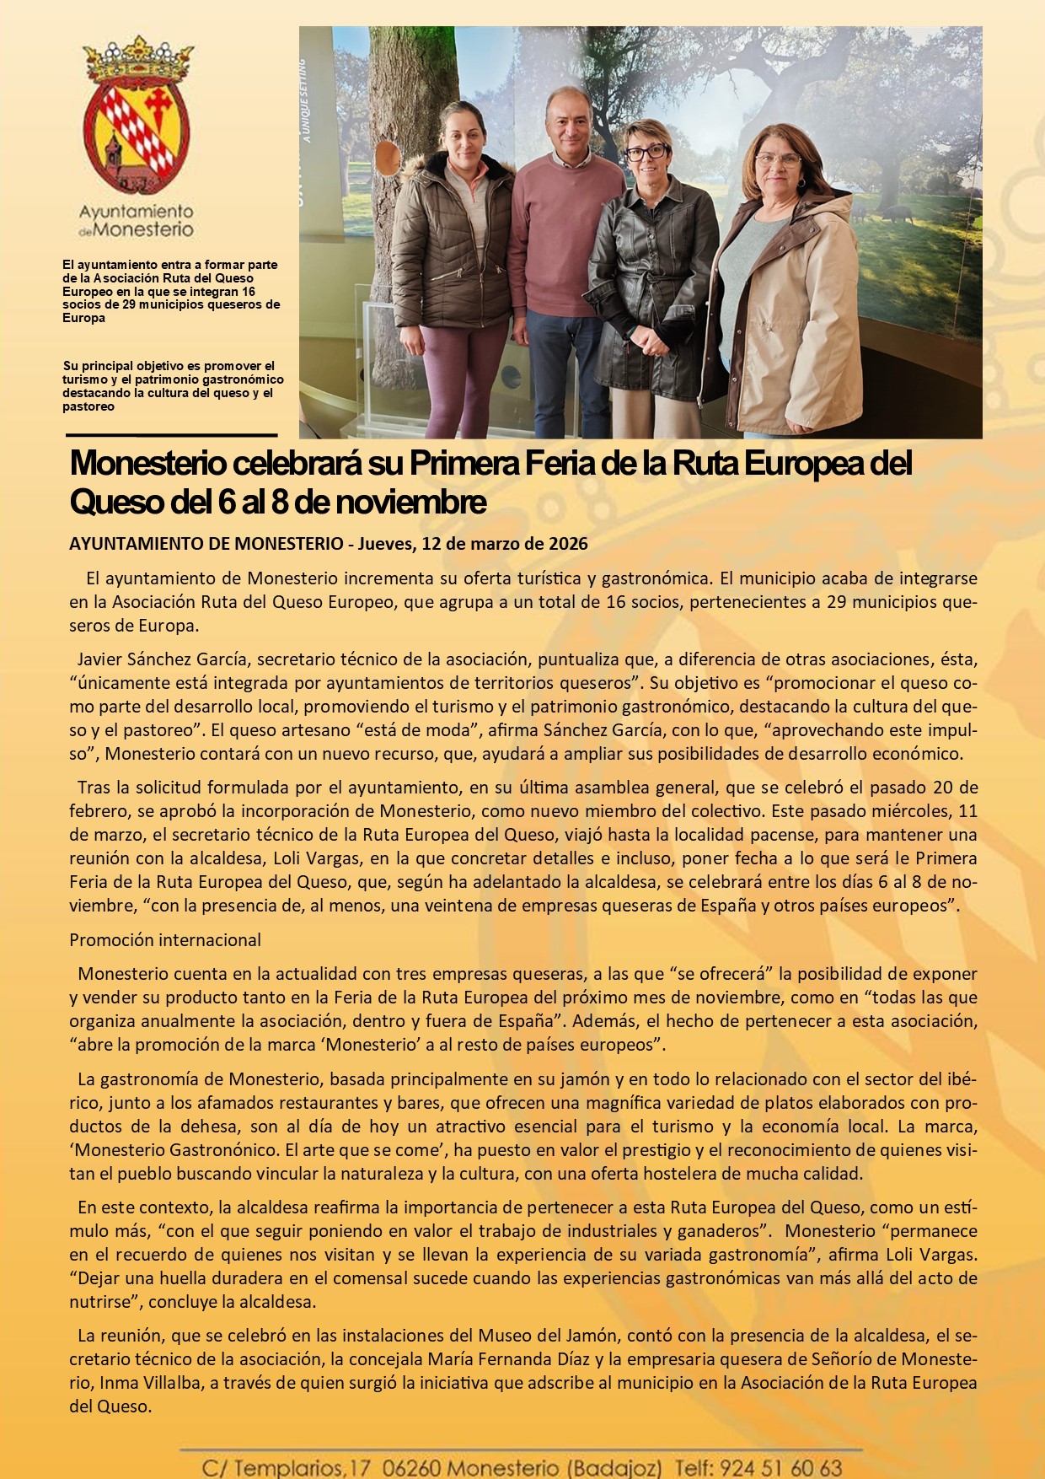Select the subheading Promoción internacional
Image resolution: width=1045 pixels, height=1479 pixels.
coord(165,940)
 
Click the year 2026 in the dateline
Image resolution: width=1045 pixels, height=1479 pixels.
coord(568,544)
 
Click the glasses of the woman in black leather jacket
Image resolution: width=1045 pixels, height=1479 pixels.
coord(647,153)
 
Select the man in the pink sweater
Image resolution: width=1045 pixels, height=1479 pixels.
coord(563,253)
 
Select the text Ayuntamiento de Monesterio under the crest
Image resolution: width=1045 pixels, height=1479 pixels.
coord(137,220)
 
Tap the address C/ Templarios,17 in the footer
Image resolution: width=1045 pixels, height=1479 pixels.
coord(286,1468)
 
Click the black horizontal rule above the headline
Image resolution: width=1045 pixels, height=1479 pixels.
coord(172,435)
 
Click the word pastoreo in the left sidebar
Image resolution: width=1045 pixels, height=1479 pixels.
coord(88,406)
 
